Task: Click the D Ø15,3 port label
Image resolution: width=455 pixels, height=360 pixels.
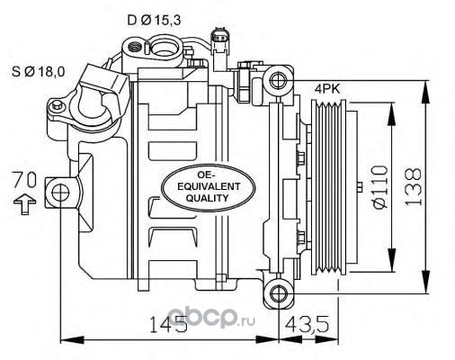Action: click(154, 21)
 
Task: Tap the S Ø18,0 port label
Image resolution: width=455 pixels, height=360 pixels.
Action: click(38, 72)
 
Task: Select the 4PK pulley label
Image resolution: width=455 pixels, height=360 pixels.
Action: click(327, 89)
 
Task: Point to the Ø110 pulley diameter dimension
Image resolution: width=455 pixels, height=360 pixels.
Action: click(380, 186)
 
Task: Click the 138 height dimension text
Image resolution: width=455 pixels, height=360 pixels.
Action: click(413, 187)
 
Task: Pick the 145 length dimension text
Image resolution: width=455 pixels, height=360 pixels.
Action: click(168, 324)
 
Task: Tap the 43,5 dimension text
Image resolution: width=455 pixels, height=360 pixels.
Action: click(307, 324)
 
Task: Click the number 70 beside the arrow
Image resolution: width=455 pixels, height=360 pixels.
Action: click(24, 180)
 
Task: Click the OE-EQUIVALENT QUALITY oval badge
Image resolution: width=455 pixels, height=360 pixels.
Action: click(209, 188)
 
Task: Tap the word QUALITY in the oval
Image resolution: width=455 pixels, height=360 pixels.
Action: click(207, 198)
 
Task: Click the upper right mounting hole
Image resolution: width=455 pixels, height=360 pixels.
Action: click(279, 80)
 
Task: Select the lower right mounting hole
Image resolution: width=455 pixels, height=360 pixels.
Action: click(279, 293)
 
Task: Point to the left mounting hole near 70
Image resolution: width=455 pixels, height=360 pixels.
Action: click(60, 193)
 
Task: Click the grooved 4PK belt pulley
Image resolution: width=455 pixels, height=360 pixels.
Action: click(329, 187)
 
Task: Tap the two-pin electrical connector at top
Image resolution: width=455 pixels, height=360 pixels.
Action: click(218, 39)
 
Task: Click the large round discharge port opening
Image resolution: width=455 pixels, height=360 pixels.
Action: click(164, 48)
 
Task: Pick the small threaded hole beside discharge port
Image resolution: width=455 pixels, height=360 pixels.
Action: click(135, 47)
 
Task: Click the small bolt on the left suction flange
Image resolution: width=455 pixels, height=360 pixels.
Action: click(56, 105)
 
